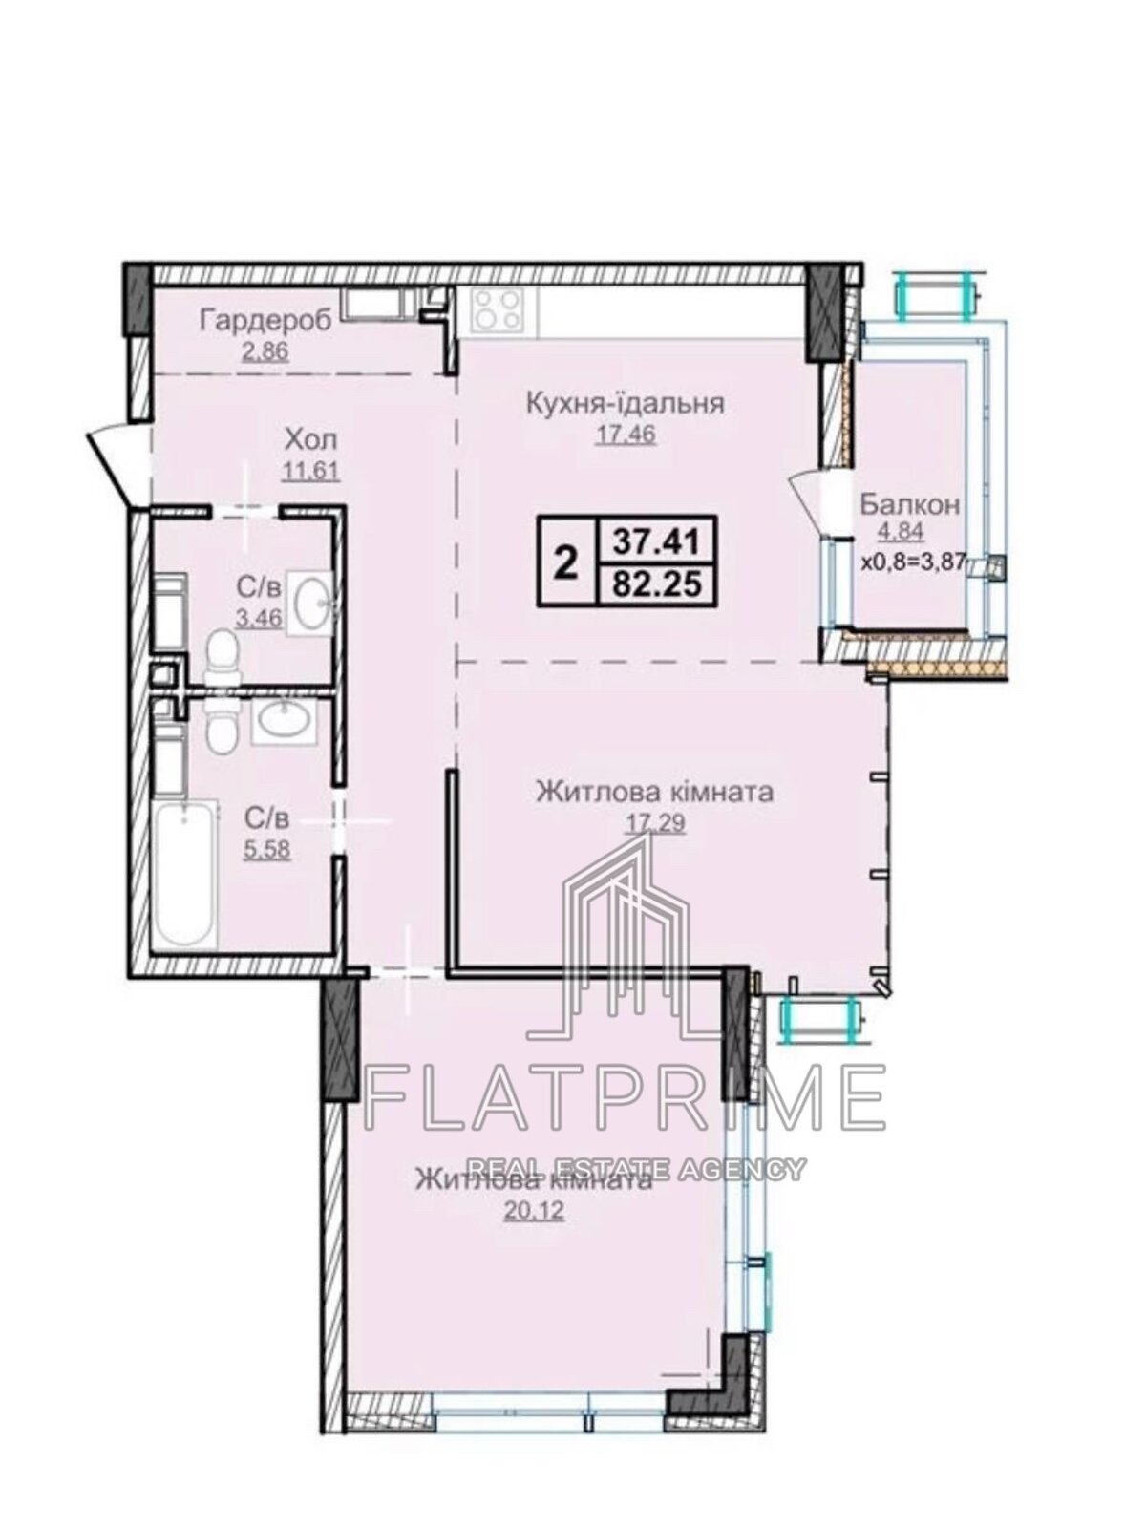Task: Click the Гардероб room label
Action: [265, 321]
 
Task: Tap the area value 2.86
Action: [265, 351]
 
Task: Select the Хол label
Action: [311, 440]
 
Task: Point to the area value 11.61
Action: [311, 472]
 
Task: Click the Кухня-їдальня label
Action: [625, 403]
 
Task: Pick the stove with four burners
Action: [497, 309]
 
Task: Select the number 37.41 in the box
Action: [655, 541]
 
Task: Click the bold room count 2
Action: [568, 562]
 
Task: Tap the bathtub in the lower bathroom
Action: [184, 874]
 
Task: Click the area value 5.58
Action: [266, 850]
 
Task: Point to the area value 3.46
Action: [260, 618]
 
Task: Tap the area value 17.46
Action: [625, 435]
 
